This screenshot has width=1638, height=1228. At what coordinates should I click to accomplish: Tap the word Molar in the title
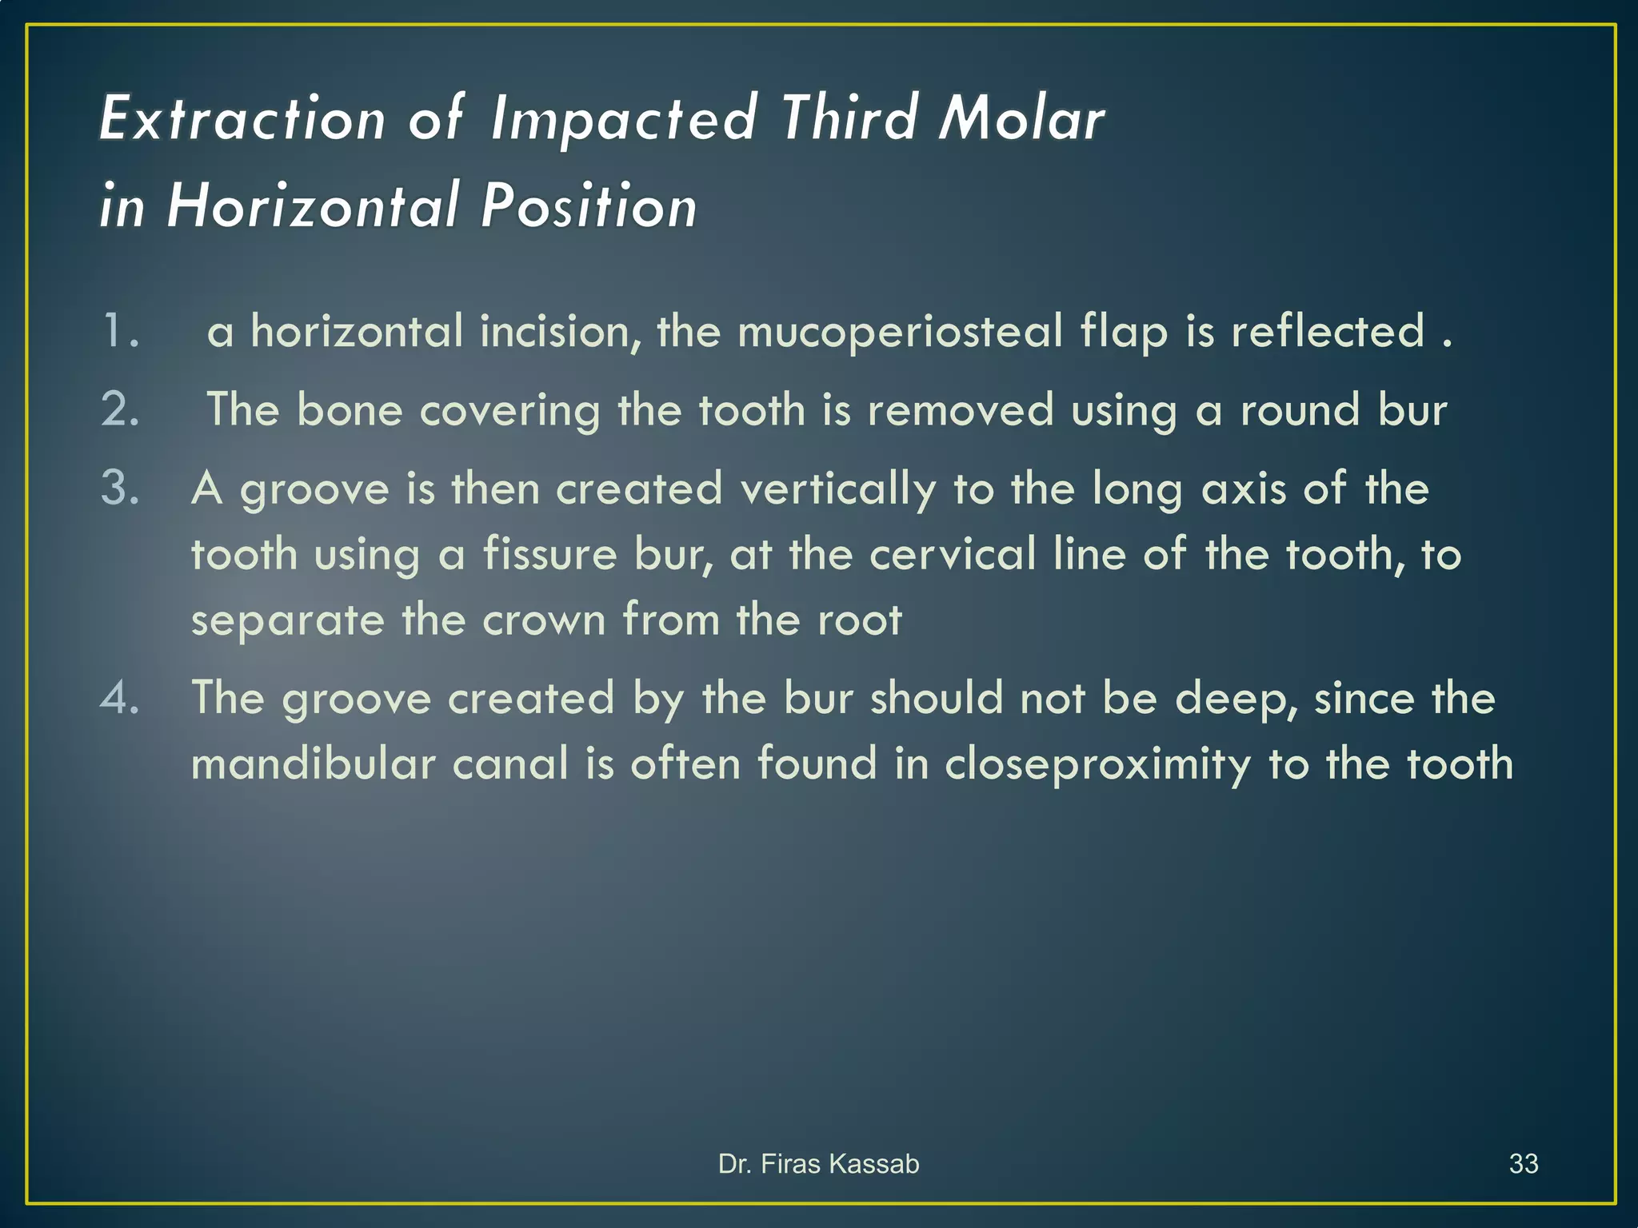tap(1021, 119)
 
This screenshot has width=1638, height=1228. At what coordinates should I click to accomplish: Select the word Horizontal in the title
tap(314, 205)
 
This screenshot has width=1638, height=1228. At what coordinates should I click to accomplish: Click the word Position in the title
tap(589, 205)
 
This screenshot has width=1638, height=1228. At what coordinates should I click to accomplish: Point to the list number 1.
tap(120, 331)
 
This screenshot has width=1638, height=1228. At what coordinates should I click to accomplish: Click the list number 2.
tap(120, 410)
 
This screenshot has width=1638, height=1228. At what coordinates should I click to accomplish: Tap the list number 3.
tap(120, 488)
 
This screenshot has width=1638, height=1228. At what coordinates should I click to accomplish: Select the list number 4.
tap(120, 698)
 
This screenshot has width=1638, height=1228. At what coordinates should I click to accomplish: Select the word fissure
tap(550, 554)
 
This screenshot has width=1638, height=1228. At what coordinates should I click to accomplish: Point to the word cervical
tap(953, 554)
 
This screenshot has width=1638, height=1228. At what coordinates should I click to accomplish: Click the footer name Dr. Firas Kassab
tap(818, 1164)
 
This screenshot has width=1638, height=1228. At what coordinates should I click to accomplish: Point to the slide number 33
tap(1523, 1164)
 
